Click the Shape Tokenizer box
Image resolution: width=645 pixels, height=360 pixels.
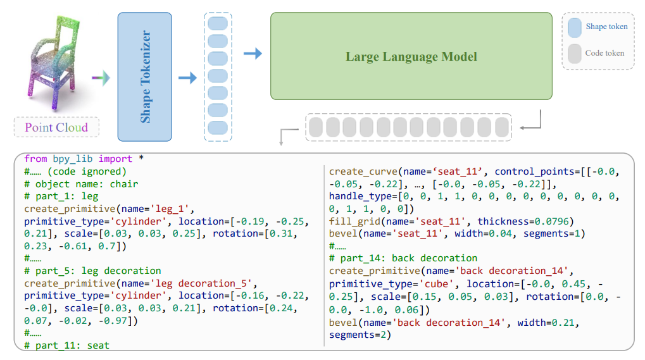[x=145, y=77]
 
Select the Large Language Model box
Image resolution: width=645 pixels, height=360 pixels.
[x=411, y=56]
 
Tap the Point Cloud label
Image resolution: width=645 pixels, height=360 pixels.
[x=56, y=127]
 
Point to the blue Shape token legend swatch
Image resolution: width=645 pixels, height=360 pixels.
[x=575, y=27]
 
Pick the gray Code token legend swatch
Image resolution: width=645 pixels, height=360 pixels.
[x=575, y=54]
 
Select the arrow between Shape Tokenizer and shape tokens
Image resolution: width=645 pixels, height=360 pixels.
[x=187, y=78]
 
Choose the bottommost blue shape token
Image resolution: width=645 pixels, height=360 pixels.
[x=218, y=128]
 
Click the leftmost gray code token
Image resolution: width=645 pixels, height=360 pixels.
[x=316, y=127]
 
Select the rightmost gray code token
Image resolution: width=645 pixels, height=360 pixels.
[x=502, y=127]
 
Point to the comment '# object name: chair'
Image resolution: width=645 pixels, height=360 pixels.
[x=81, y=184]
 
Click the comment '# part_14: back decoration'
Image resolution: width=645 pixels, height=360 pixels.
[x=403, y=258]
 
